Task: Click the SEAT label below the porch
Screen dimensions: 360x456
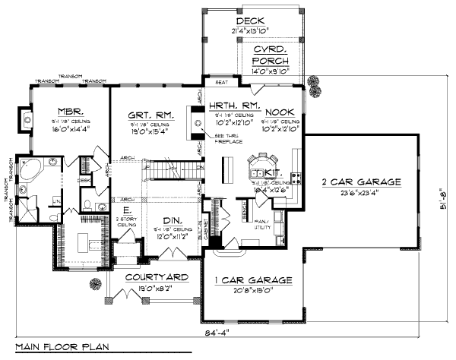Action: click(223, 82)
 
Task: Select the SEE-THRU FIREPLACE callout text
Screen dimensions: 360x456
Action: click(217, 139)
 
